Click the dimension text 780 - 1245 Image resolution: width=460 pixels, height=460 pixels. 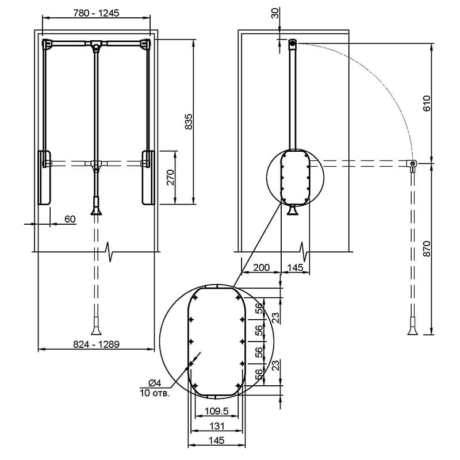click(96, 13)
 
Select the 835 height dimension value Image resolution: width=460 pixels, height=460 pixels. click(189, 121)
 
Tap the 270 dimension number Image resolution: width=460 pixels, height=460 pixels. click(170, 177)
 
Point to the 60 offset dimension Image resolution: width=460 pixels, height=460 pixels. click(70, 219)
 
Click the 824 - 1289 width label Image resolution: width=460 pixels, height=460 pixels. click(96, 344)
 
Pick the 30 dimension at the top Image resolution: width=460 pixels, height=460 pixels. click(275, 13)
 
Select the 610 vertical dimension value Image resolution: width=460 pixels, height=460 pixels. click(427, 103)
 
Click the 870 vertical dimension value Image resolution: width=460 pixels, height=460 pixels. click(427, 249)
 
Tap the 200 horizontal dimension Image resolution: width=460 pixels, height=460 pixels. click(262, 267)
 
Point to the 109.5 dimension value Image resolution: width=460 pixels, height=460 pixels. click(217, 411)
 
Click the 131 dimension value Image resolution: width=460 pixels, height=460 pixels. click(217, 426)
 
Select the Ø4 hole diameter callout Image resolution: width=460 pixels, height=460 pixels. click(155, 383)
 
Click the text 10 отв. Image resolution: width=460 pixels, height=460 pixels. click(155, 393)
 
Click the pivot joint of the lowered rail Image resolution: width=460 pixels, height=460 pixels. click(412, 164)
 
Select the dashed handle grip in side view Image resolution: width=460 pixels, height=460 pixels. click(412, 326)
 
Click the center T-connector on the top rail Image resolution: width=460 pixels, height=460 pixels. click(95, 45)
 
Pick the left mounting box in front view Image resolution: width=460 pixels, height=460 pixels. click(45, 178)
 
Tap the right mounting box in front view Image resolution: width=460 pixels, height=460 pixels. click(148, 178)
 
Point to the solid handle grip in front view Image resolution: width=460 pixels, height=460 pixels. click(95, 206)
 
